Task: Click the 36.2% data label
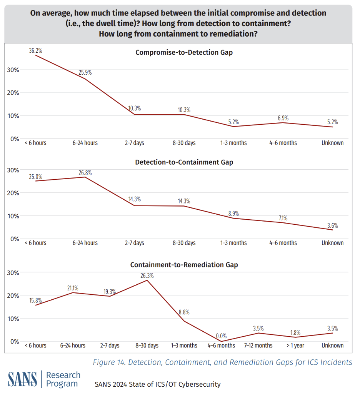pyautogui.click(x=36, y=50)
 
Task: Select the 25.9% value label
pyautogui.click(x=85, y=72)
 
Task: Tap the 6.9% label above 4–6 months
pyautogui.click(x=283, y=118)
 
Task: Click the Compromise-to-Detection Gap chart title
pyautogui.click(x=184, y=52)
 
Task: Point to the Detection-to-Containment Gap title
pyautogui.click(x=184, y=162)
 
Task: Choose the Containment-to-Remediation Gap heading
pyautogui.click(x=184, y=265)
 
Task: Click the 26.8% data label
pyautogui.click(x=85, y=173)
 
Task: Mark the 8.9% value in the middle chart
pyautogui.click(x=233, y=213)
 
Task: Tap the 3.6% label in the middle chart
pyautogui.click(x=332, y=225)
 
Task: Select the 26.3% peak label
pyautogui.click(x=147, y=275)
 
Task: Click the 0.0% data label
pyautogui.click(x=221, y=336)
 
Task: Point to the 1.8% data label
pyautogui.click(x=295, y=332)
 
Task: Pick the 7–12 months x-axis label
pyautogui.click(x=258, y=346)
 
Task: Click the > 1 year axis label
pyautogui.click(x=295, y=346)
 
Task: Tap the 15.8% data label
pyautogui.click(x=35, y=300)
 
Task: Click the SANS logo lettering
pyautogui.click(x=22, y=379)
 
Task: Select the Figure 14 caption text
pyautogui.click(x=222, y=362)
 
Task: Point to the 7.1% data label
pyautogui.click(x=283, y=218)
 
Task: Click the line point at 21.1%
pyautogui.click(x=73, y=293)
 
